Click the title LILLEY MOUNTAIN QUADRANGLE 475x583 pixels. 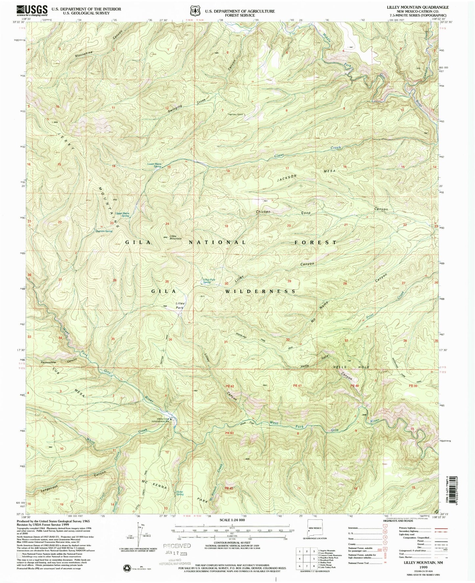(427, 7)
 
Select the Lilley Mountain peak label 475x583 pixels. (175, 237)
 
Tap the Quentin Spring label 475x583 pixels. (104, 231)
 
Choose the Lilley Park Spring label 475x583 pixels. (207, 281)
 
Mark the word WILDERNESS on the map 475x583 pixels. (261, 291)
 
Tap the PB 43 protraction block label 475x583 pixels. (229, 433)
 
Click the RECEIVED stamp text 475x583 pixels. (177, 546)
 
